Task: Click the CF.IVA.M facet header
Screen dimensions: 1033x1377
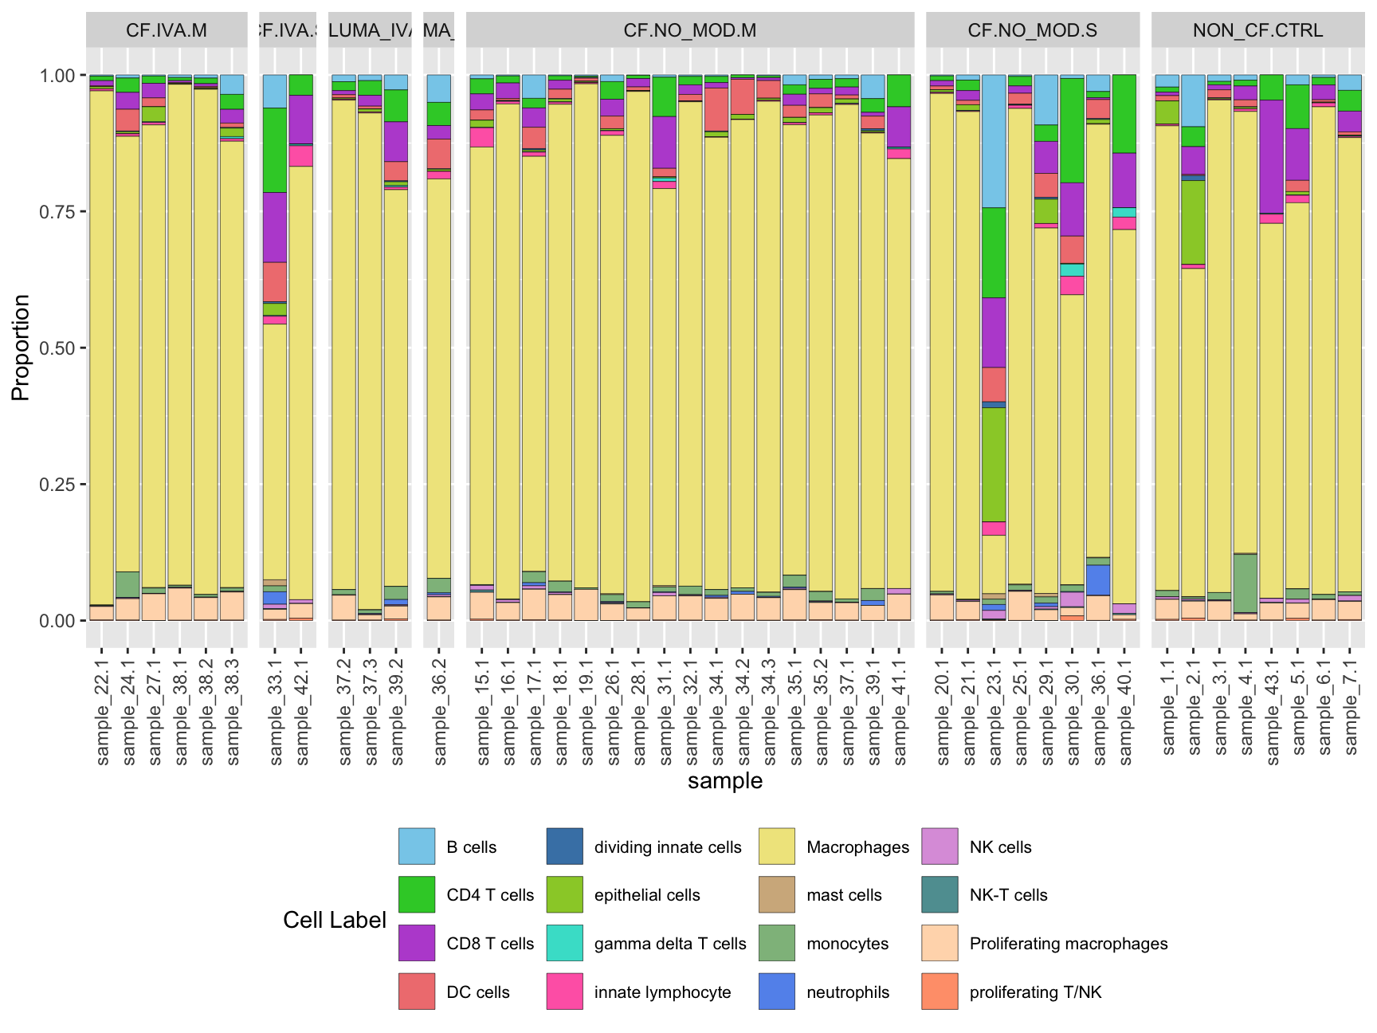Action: click(x=167, y=30)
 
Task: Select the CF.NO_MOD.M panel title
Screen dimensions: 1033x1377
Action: click(x=690, y=30)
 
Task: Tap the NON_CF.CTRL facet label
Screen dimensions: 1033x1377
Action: click(x=1257, y=30)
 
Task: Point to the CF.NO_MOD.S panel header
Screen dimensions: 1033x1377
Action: click(x=1032, y=30)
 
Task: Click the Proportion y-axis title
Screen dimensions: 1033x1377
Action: click(x=21, y=348)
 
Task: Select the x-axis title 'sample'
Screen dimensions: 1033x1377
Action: click(x=725, y=781)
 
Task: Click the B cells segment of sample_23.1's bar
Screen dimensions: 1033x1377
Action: click(x=994, y=141)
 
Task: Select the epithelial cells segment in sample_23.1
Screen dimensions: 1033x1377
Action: click(x=994, y=464)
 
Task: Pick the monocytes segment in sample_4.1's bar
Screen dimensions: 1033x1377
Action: click(x=1245, y=583)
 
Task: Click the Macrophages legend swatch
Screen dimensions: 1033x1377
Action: click(x=777, y=846)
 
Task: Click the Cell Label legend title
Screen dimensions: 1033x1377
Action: click(x=335, y=920)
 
